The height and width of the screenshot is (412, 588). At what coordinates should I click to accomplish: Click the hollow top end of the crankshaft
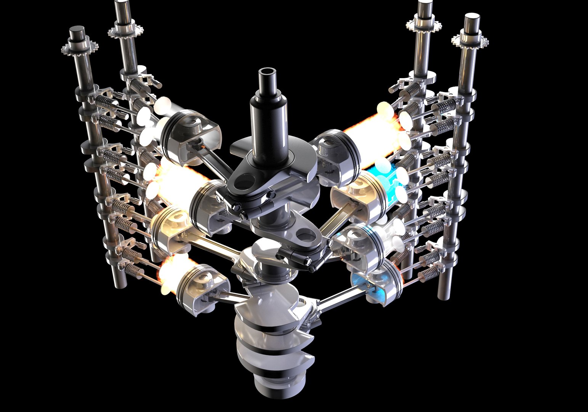268,73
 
